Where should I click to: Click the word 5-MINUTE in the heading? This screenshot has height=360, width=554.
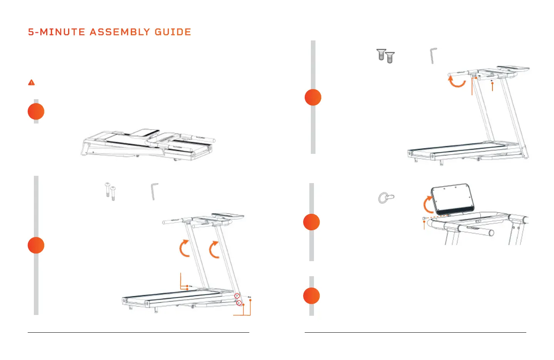pyautogui.click(x=56, y=32)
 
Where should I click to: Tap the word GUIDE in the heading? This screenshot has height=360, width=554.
pyautogui.click(x=173, y=32)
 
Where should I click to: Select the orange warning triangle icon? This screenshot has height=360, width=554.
pyautogui.click(x=32, y=82)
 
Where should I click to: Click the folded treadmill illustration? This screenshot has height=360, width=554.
pyautogui.click(x=148, y=144)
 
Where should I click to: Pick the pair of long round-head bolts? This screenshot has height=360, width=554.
pyautogui.click(x=110, y=191)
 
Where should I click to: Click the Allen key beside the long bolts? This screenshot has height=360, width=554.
pyautogui.click(x=154, y=191)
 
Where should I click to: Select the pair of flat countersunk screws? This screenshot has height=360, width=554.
pyautogui.click(x=385, y=56)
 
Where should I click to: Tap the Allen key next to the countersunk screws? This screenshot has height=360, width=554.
pyautogui.click(x=433, y=55)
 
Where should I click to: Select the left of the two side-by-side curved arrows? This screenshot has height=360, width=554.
pyautogui.click(x=185, y=248)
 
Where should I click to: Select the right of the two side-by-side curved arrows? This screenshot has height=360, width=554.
pyautogui.click(x=214, y=250)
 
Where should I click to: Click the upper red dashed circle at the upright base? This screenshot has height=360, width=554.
pyautogui.click(x=237, y=296)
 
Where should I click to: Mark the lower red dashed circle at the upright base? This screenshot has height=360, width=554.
pyautogui.click(x=239, y=303)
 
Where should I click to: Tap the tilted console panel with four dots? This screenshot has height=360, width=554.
pyautogui.click(x=452, y=198)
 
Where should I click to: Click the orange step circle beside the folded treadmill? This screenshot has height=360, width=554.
pyautogui.click(x=36, y=112)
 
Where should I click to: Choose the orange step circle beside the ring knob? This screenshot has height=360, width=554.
pyautogui.click(x=312, y=222)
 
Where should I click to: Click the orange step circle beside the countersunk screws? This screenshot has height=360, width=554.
pyautogui.click(x=313, y=97)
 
